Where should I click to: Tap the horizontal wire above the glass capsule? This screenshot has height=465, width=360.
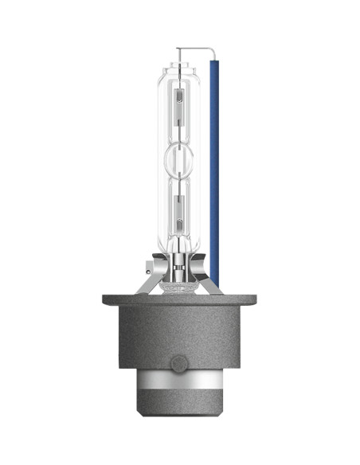198,49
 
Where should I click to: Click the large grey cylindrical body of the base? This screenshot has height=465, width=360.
180,342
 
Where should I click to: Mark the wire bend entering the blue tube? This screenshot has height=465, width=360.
212,49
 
